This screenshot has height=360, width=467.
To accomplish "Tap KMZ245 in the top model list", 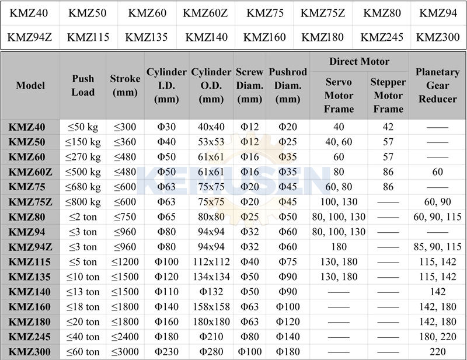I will pos(382,38).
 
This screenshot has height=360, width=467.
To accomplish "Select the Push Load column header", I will pos(83,85).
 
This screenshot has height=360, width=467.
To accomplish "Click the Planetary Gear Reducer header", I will pos(437,85).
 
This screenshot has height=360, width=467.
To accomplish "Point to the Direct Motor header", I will pos(359,61).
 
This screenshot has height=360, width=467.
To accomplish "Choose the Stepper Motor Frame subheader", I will pos(388,95).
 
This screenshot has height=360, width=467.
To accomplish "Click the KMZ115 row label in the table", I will pos(30,262).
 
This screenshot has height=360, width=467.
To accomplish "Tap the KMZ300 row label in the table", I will pos(30,352).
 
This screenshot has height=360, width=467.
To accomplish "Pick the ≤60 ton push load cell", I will pos(83,352).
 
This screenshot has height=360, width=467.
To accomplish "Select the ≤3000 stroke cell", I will pos(125,352).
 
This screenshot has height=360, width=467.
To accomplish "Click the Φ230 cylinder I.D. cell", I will pos(166,352).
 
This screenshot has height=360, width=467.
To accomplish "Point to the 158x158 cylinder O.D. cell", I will pos(211,307).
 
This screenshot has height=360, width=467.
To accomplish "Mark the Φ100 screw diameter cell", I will pos(249,352).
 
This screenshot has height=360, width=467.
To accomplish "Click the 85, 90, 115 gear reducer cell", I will pos(437,247).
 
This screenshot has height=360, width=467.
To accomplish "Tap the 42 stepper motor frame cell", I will pos(388,127).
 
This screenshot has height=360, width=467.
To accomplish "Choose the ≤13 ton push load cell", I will pos(83,292).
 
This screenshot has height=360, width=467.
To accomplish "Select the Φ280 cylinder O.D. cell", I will pos(211,352).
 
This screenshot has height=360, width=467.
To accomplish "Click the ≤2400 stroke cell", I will pos(125,337).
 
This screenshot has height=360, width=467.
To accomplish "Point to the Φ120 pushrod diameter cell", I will pos(288,321).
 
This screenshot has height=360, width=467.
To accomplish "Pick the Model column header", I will pos(30,85).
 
